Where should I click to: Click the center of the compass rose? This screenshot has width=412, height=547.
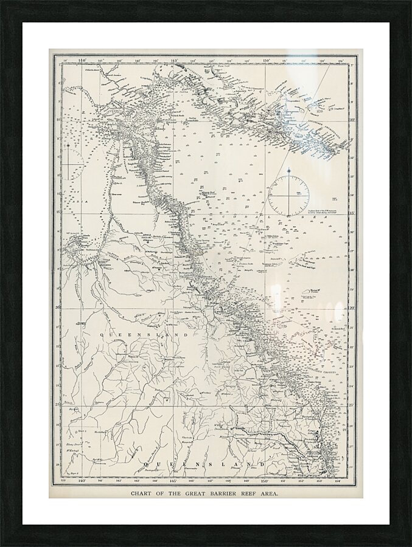point(288,196)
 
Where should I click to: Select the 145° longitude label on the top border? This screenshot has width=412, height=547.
point(174,60)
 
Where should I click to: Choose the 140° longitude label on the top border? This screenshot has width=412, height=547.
point(83,60)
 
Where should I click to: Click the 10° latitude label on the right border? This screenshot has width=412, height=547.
point(352,120)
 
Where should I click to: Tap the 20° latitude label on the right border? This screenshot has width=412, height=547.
point(352,308)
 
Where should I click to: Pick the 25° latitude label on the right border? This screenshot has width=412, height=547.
point(352,404)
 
